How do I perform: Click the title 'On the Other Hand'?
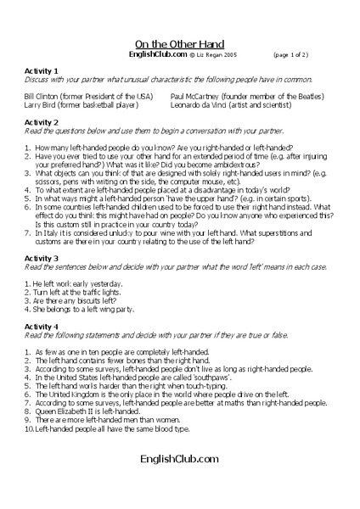pyautogui.click(x=180, y=43)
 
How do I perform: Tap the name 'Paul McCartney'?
pyautogui.click(x=198, y=97)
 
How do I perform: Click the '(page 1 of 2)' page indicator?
pyautogui.click(x=291, y=54)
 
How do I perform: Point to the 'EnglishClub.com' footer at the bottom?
pyautogui.click(x=180, y=458)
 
